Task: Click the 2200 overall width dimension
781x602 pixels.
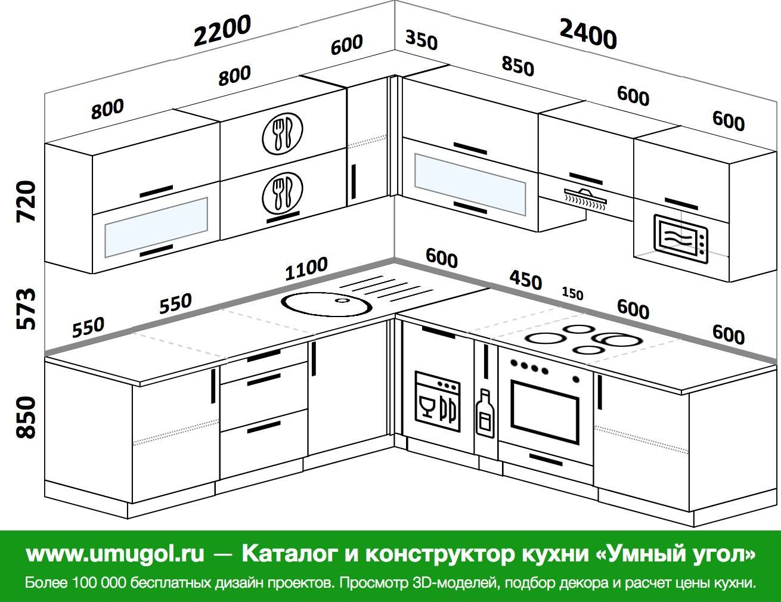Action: tap(222, 30)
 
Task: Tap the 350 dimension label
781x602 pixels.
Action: tap(422, 41)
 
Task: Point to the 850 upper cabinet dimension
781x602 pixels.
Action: tap(517, 66)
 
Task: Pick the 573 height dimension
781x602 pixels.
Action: tap(27, 308)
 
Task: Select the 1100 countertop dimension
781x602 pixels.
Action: tap(306, 268)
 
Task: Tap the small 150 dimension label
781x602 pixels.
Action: tap(572, 294)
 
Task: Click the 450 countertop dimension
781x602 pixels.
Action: tap(525, 279)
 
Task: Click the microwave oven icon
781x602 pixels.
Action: tap(681, 238)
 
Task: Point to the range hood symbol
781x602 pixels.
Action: tap(587, 197)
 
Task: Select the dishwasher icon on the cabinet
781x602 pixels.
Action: tap(438, 401)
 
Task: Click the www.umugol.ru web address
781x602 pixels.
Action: tap(115, 554)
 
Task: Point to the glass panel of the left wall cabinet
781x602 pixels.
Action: tap(156, 227)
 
